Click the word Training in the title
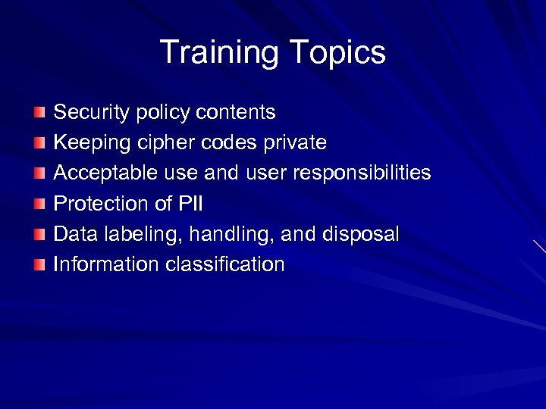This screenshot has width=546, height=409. pos(220,54)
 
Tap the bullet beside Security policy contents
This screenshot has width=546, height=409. pos(39,113)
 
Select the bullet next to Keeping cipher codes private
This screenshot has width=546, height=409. pos(39,143)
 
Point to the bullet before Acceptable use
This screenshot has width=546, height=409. pos(39,173)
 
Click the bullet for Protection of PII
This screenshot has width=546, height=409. pos(39,204)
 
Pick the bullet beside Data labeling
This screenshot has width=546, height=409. pos(39,234)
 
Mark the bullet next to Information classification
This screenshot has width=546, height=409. pos(39,264)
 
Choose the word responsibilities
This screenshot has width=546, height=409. pos(362,173)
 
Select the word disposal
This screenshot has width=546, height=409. pos(360,234)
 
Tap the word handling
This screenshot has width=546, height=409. pos(231,234)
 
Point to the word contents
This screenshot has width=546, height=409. pos(236,113)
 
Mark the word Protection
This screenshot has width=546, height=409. pos(99,204)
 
